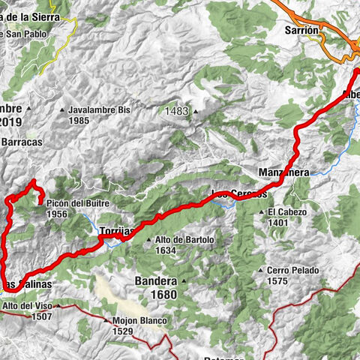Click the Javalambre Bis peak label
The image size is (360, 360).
pyautogui.click(x=99, y=109)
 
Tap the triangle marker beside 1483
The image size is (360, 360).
pyautogui.click(x=196, y=111)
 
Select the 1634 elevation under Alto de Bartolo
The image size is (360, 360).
pyautogui.click(x=166, y=251)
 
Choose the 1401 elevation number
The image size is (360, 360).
pyautogui.click(x=279, y=223)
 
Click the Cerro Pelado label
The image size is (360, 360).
pyautogui.click(x=288, y=270)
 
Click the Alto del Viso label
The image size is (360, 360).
pyautogui.click(x=28, y=306)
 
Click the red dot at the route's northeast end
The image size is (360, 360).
pyautogui.click(x=356, y=71)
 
